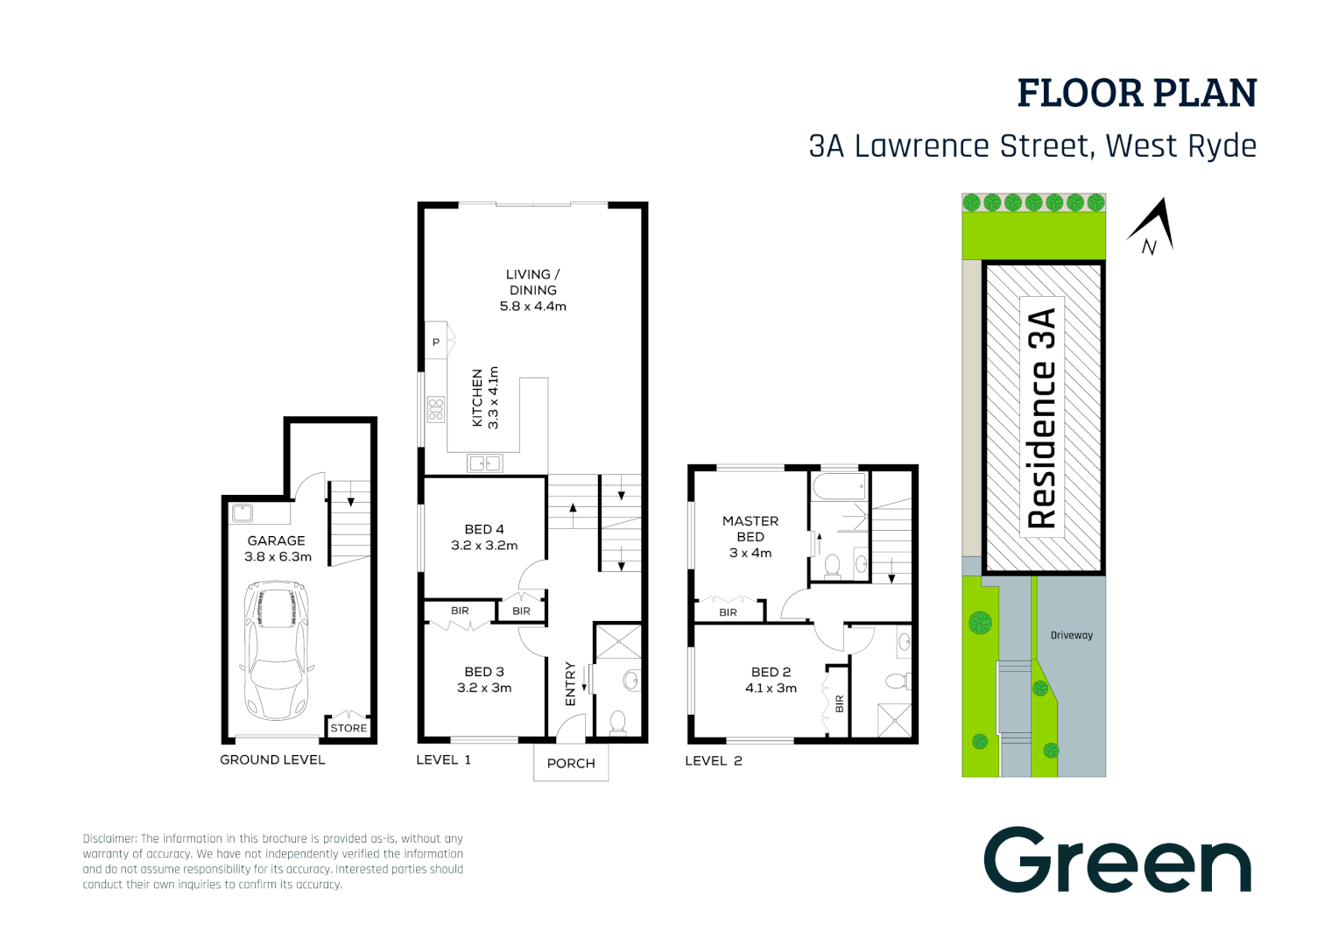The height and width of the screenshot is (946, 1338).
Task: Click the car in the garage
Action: click(x=276, y=651)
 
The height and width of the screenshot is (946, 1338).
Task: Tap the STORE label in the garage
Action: click(x=349, y=728)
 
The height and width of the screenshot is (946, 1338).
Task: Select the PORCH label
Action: click(x=571, y=763)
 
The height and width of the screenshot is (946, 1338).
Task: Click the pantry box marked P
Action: click(x=435, y=342)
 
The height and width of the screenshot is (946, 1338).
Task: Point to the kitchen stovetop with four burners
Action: click(x=435, y=409)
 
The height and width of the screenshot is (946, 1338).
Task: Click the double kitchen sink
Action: click(x=484, y=463)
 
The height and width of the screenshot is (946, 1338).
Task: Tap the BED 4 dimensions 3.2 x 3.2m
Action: click(x=484, y=545)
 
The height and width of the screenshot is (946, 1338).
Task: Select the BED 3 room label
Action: click(x=484, y=672)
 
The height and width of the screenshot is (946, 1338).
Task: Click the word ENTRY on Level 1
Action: click(x=571, y=683)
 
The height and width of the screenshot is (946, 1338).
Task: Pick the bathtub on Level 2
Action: click(x=840, y=486)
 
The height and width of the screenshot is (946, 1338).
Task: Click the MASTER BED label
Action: click(x=750, y=528)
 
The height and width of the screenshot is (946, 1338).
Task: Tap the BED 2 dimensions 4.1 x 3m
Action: click(x=771, y=688)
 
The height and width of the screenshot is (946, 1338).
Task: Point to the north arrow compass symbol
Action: click(x=1153, y=226)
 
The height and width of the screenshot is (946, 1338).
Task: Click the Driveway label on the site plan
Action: click(x=1071, y=635)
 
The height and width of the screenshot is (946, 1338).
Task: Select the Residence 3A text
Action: click(x=1042, y=418)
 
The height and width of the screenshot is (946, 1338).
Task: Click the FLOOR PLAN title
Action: click(x=1137, y=94)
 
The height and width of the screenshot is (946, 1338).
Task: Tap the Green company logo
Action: click(x=1117, y=861)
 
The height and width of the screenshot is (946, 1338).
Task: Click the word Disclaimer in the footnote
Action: click(x=109, y=838)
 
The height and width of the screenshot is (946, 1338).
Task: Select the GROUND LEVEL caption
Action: click(x=272, y=759)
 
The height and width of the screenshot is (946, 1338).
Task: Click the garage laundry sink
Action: click(x=243, y=513)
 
